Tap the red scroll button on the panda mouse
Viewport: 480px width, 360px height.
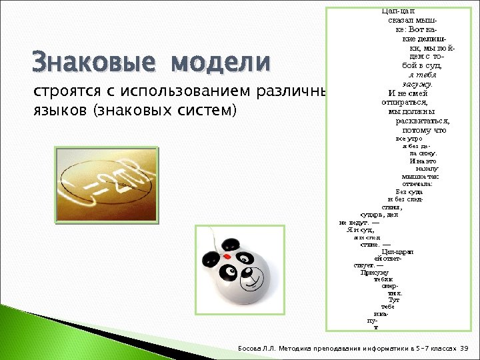pos(227,255)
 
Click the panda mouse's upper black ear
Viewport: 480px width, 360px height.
pos(231,243)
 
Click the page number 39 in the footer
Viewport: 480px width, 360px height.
pos(465,349)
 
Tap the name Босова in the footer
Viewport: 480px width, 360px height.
pos(253,349)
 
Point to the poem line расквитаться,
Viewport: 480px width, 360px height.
pos(422,121)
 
